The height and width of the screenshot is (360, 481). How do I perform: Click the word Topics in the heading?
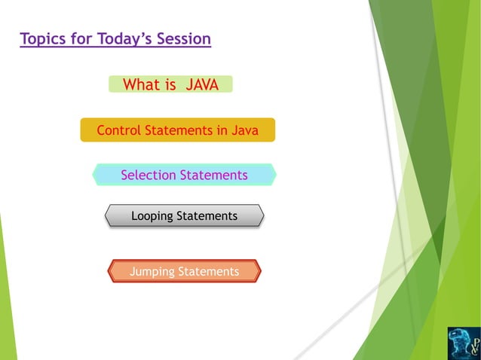(x=43, y=38)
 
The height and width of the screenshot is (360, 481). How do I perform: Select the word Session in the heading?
(x=184, y=38)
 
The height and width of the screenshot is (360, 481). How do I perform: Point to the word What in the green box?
(x=141, y=85)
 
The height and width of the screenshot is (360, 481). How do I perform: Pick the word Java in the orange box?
(x=244, y=130)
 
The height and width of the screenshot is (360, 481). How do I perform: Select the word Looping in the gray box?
(x=154, y=216)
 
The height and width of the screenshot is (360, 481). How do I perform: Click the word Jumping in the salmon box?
(x=151, y=271)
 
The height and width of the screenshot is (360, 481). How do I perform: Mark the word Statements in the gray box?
(x=207, y=216)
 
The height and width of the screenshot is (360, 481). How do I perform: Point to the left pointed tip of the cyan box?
(x=93, y=175)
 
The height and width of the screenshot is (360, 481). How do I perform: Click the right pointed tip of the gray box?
(x=263, y=216)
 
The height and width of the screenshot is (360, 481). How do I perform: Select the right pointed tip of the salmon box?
(x=259, y=271)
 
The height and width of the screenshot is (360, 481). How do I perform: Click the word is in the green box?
(x=170, y=85)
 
